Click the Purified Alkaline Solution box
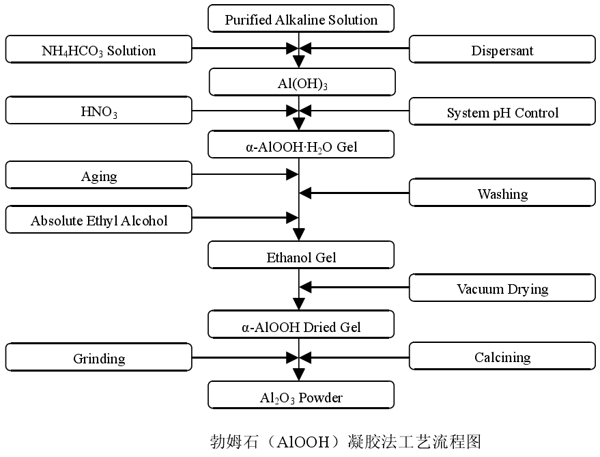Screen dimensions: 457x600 (301, 19)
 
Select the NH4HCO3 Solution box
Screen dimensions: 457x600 (98, 50)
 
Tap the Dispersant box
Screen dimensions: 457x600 (502, 50)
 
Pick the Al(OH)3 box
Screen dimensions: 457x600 (302, 83)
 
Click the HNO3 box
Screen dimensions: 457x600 (98, 111)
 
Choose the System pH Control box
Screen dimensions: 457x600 (502, 112)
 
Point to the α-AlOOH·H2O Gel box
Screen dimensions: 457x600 (301, 145)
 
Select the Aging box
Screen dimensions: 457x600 (98, 176)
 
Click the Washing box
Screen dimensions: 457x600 (502, 193)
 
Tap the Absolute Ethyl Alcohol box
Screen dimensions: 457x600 (98, 220)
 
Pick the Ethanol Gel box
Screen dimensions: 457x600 (301, 257)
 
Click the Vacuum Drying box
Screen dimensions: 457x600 (502, 288)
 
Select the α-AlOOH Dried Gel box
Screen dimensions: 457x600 (301, 326)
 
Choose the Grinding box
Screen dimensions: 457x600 (98, 358)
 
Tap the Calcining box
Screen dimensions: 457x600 (502, 357)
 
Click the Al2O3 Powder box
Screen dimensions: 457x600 (301, 396)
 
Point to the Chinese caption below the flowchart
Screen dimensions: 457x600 (345, 441)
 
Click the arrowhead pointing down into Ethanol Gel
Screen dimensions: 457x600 (299, 236)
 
